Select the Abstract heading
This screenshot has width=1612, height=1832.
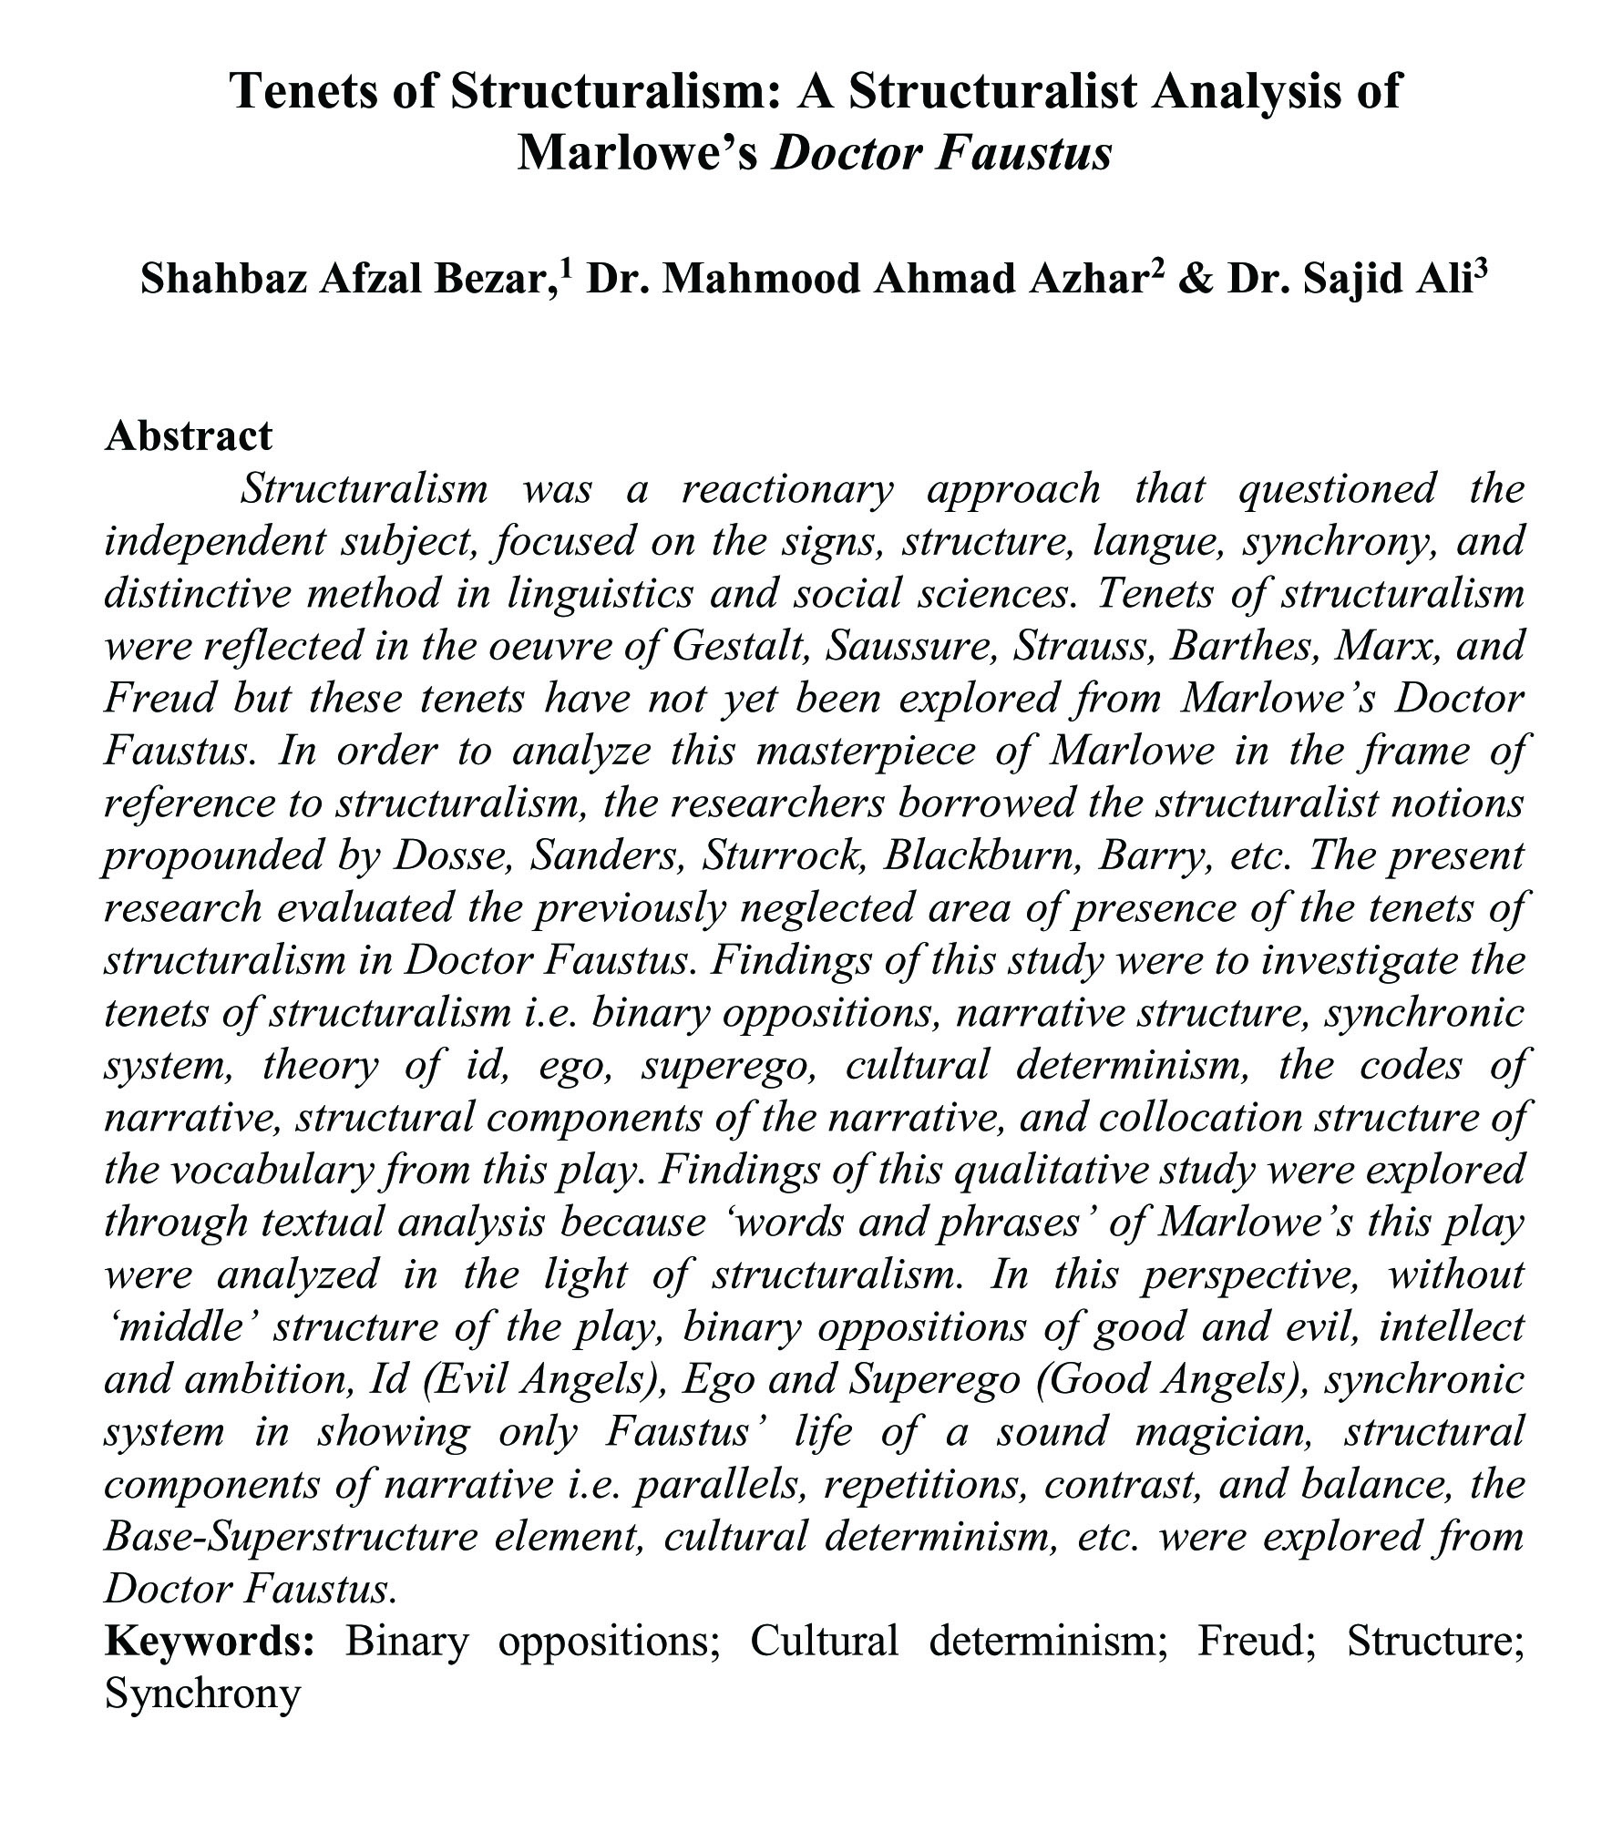tap(189, 435)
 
